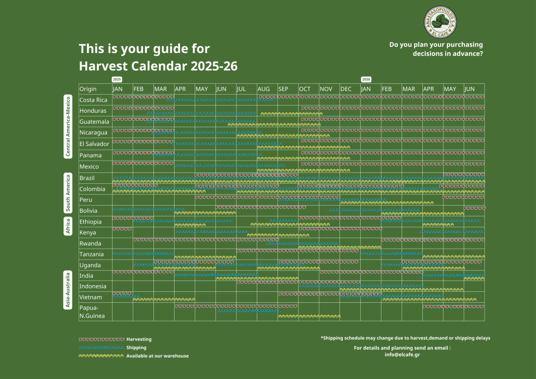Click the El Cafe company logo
coord(440,22)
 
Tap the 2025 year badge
coord(117,80)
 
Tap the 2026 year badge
coord(366,80)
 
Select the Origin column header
coord(88,89)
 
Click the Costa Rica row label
coord(93,100)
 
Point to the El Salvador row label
coord(94,144)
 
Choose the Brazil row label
coord(87,178)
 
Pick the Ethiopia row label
coord(90,222)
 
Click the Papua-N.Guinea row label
coord(92,312)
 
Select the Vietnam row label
coord(90,297)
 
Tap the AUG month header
coord(264,89)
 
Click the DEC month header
coord(346,89)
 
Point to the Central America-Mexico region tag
coord(68,126)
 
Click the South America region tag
coord(68,193)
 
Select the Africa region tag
coord(68,226)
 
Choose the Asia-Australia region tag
coord(68,290)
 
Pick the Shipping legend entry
coord(113,348)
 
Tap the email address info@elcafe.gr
coord(402,354)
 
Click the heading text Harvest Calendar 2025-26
coord(158,66)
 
